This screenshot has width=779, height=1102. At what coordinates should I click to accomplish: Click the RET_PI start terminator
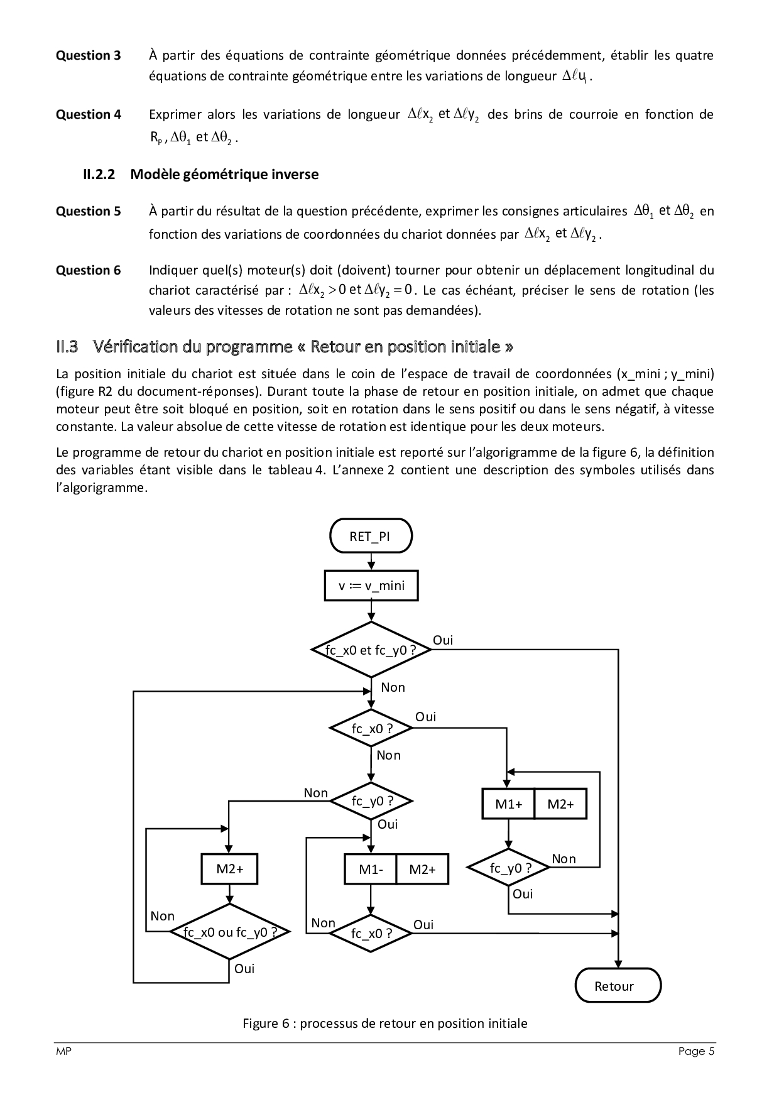tap(371, 537)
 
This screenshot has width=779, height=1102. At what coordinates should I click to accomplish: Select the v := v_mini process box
tap(371, 586)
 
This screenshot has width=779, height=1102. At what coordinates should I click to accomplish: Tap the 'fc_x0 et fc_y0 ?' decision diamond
tap(371, 650)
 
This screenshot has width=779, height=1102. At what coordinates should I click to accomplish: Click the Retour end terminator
tap(618, 986)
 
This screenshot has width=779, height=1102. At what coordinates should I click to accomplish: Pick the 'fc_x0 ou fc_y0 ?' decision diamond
tap(230, 932)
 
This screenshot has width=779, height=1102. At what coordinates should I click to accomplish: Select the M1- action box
tap(371, 870)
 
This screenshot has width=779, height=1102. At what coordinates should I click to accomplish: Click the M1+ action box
tap(508, 804)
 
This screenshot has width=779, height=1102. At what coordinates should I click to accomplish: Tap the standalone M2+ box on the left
tap(230, 869)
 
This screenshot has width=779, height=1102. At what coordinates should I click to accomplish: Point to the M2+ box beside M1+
tap(560, 804)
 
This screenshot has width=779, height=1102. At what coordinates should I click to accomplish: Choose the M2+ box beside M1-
tap(422, 870)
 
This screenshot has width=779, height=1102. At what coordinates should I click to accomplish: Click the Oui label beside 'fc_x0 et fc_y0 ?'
tap(442, 640)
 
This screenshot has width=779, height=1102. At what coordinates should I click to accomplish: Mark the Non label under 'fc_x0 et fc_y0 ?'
tap(393, 687)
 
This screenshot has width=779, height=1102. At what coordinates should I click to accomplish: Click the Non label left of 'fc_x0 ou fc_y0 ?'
tap(162, 916)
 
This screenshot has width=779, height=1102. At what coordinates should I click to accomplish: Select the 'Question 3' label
tap(88, 55)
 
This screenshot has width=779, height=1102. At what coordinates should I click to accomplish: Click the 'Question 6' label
tap(88, 270)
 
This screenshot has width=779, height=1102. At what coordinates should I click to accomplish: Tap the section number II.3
tap(67, 346)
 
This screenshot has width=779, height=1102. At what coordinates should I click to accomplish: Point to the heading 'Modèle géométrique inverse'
tap(224, 174)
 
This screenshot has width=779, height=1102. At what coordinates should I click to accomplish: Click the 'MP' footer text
tap(63, 1052)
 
